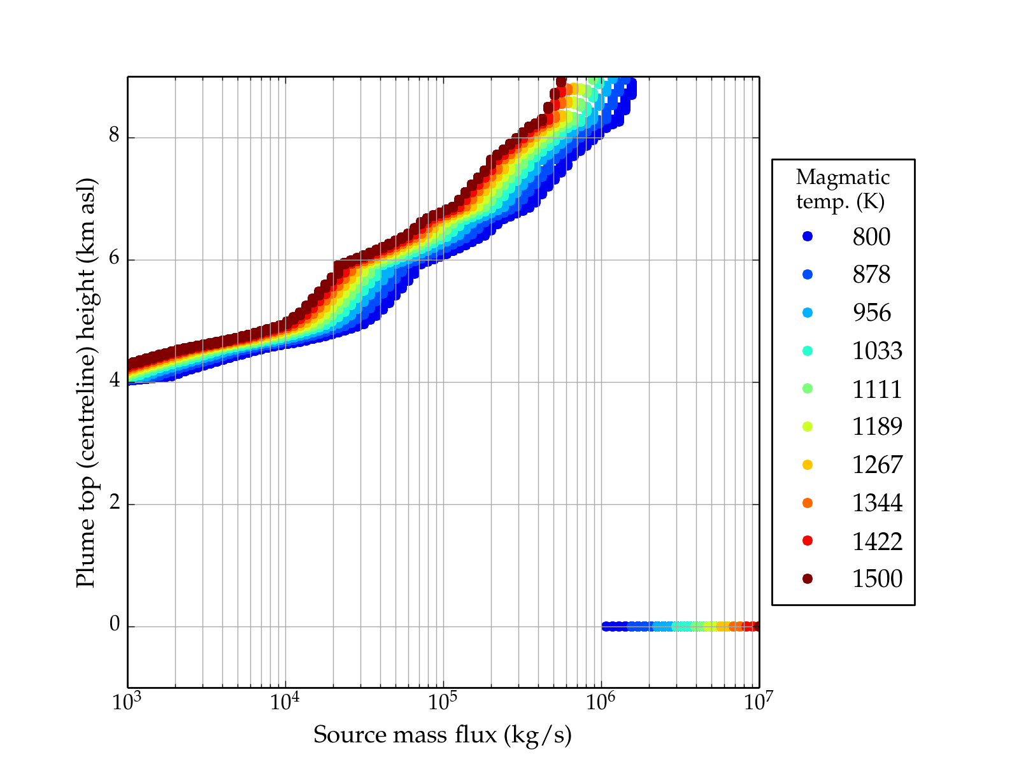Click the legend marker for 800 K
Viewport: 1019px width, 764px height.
coord(808,236)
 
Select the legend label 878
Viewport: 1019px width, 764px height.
coord(871,274)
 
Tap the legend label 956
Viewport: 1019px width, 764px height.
coord(871,313)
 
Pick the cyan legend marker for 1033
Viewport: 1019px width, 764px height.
coord(808,351)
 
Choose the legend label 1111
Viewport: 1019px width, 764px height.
coord(877,389)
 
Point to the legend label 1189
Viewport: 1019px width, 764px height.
coord(877,427)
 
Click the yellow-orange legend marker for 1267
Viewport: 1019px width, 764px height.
coord(808,465)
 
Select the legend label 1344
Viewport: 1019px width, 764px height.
coord(877,503)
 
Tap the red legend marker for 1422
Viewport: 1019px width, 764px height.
coord(808,541)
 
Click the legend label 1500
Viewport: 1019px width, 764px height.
coord(877,579)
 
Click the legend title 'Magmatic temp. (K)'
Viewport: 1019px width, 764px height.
coord(842,189)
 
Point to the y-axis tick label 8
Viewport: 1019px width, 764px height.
coord(115,136)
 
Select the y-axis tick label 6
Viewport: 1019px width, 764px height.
coord(115,258)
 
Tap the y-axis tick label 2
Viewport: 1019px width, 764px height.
coord(115,503)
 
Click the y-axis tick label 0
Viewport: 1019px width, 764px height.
coord(115,625)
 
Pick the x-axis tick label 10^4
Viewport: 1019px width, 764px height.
coord(285,702)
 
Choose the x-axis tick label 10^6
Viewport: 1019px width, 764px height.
coord(601,702)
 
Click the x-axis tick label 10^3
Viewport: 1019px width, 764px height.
coord(127,702)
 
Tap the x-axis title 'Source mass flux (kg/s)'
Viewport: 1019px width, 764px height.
coord(443,735)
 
